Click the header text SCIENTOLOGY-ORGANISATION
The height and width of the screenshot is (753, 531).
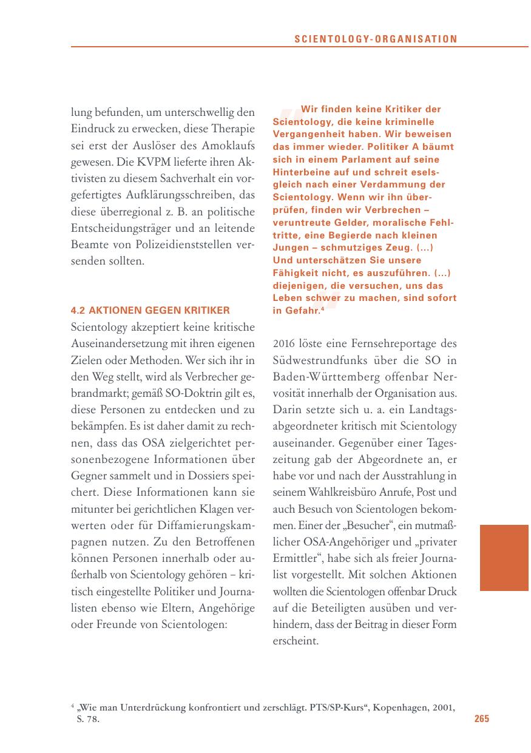click(x=376, y=39)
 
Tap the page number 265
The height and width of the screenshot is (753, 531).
click(x=481, y=719)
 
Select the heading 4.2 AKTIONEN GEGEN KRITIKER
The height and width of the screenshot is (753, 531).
click(x=151, y=311)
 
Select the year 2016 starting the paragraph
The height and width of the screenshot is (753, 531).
click(x=285, y=343)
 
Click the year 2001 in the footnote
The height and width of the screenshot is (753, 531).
click(x=443, y=707)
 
